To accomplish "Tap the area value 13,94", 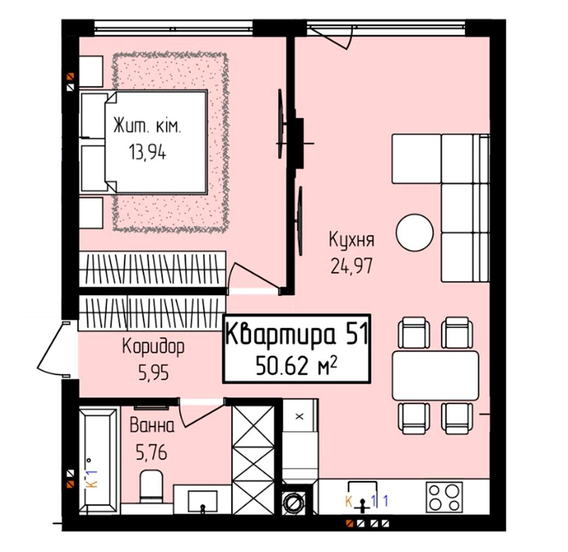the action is [147, 153].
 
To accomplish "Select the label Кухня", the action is [351, 240].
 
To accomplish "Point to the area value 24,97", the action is [351, 266].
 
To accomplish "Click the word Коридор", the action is [153, 347].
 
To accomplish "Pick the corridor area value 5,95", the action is [154, 373].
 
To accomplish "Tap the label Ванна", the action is [152, 426].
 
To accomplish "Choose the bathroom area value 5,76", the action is [152, 452].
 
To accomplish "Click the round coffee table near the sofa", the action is [415, 232].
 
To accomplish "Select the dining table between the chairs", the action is [436, 375].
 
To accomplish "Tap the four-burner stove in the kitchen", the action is [444, 497].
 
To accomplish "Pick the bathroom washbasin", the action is [202, 502].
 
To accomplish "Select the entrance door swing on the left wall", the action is [54, 348].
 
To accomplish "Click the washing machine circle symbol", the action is [292, 502].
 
